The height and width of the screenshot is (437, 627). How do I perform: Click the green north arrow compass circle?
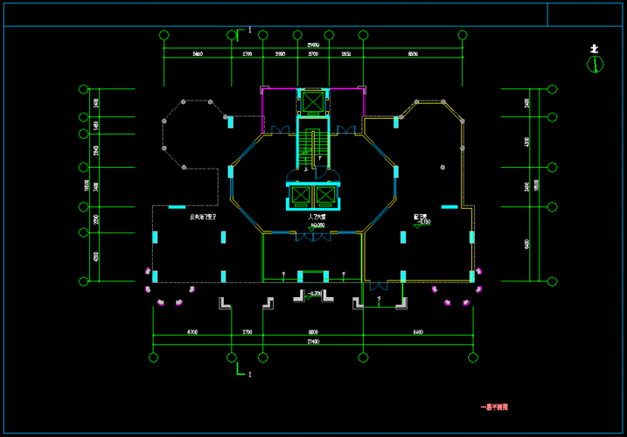(595, 64)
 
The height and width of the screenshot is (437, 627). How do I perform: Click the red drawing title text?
(495, 406)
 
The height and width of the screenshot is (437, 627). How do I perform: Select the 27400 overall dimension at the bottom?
(313, 341)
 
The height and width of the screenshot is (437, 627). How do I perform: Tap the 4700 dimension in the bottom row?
(192, 332)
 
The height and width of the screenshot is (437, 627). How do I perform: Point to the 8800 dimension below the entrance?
(312, 332)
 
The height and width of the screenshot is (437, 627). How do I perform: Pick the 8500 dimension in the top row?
(413, 54)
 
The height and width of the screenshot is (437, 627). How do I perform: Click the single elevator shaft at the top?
(311, 101)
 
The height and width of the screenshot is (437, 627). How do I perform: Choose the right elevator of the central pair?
(325, 194)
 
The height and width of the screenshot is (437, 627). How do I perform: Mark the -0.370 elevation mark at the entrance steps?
(316, 294)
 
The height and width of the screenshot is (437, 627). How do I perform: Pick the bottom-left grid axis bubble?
(153, 357)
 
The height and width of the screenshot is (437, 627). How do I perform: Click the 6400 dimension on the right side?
(528, 244)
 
